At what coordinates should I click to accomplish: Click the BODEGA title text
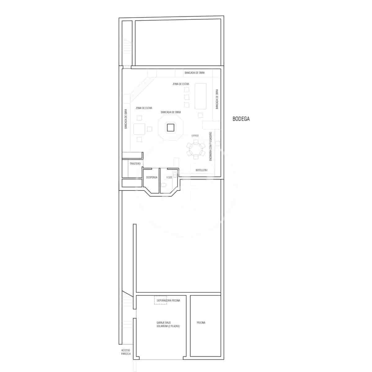point(241,118)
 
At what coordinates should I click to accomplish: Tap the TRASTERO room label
point(135,163)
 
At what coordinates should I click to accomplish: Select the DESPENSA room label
point(152,178)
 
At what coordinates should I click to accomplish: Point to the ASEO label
point(169,177)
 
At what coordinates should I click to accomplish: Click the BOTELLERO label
point(201,170)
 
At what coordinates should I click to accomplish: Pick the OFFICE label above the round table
point(195,136)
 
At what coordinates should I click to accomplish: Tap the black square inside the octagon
point(170,127)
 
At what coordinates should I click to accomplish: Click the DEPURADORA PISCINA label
point(168,300)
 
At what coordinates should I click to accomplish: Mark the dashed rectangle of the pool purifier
point(161,300)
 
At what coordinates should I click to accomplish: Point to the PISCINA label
point(201,323)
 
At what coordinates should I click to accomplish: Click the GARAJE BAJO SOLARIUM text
point(168,325)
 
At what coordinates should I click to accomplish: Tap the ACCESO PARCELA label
point(126,352)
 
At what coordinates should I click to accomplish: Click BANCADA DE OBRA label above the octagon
point(170,112)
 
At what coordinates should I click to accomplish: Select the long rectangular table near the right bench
point(200,96)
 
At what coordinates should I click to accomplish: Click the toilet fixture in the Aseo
point(164,185)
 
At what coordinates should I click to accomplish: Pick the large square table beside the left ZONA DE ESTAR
point(139,129)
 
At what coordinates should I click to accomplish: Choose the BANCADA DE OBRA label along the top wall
point(194,73)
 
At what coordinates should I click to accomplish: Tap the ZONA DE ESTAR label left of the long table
point(181,84)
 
